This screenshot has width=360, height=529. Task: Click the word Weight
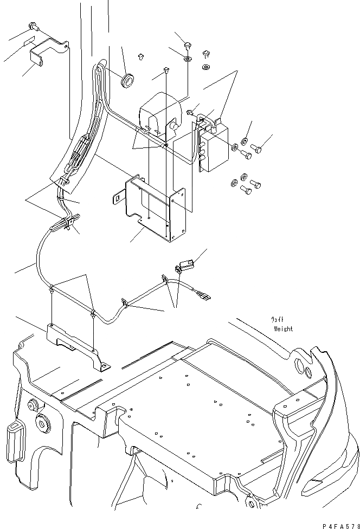pos(283,328)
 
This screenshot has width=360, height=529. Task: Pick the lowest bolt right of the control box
pos(246,190)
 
